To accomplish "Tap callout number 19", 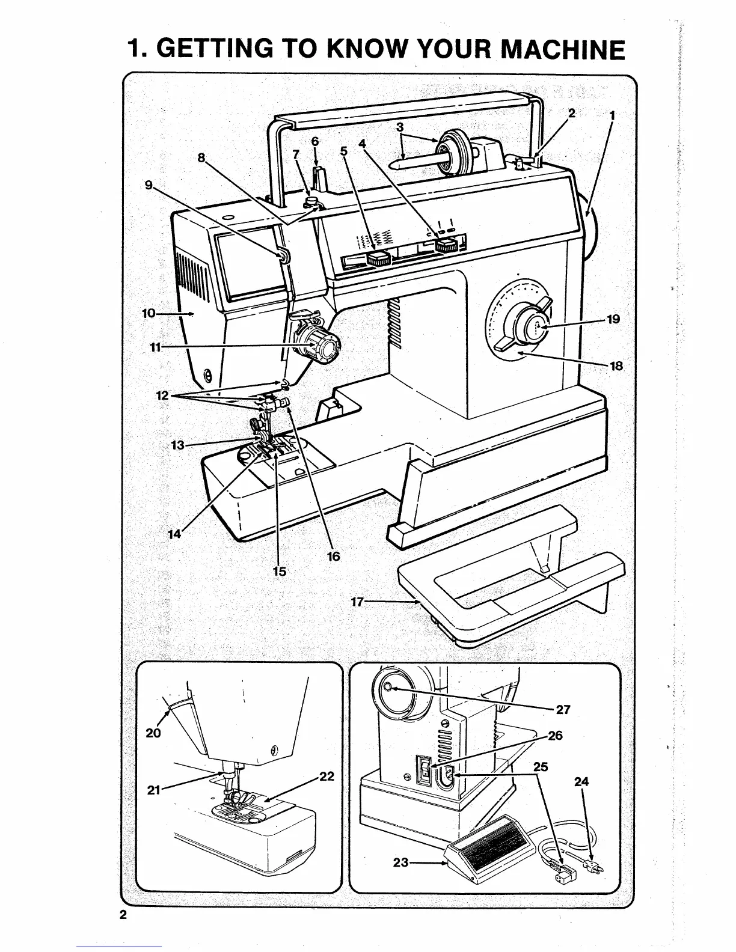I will click(613, 319).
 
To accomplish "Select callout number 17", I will click(358, 602).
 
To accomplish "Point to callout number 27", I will click(563, 709).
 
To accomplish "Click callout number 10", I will click(148, 313).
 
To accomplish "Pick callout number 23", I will click(400, 863).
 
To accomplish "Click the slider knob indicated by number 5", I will click(378, 259).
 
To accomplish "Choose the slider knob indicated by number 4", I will click(446, 245).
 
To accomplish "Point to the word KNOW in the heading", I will click(370, 49).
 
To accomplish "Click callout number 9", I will click(148, 185).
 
